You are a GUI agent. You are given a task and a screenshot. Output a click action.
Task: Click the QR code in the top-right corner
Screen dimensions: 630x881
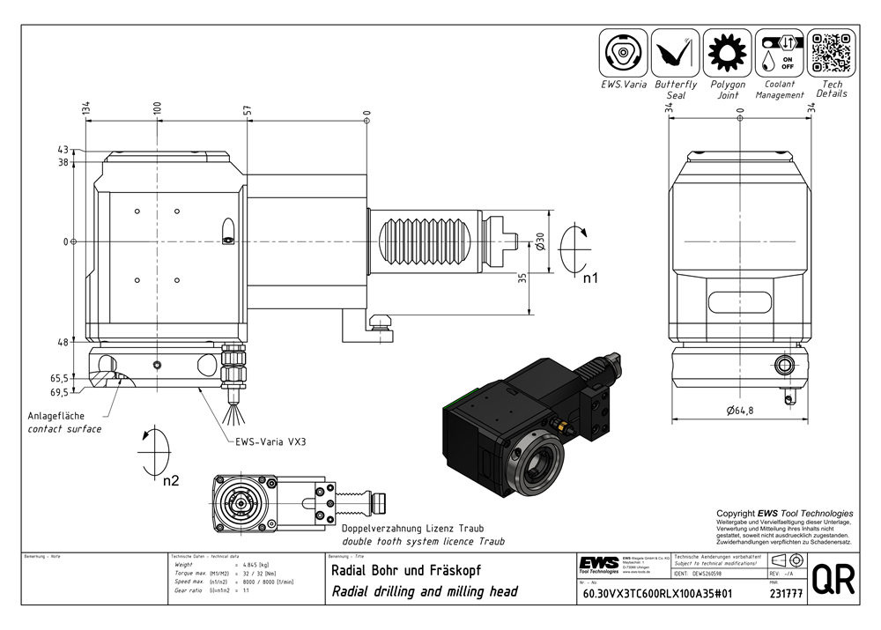tap(832, 52)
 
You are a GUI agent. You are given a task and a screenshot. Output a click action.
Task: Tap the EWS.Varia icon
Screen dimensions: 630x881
tap(624, 52)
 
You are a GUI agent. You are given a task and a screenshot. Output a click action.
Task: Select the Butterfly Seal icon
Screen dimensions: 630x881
tap(676, 52)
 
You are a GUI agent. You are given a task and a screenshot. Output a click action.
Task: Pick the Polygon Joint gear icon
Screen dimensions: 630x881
tap(728, 52)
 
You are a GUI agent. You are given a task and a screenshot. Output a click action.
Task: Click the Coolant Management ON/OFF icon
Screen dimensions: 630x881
tap(780, 52)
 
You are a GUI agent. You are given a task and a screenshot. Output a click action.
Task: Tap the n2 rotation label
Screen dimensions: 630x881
tap(170, 480)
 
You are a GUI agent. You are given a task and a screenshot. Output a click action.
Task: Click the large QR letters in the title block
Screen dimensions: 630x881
tap(831, 581)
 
